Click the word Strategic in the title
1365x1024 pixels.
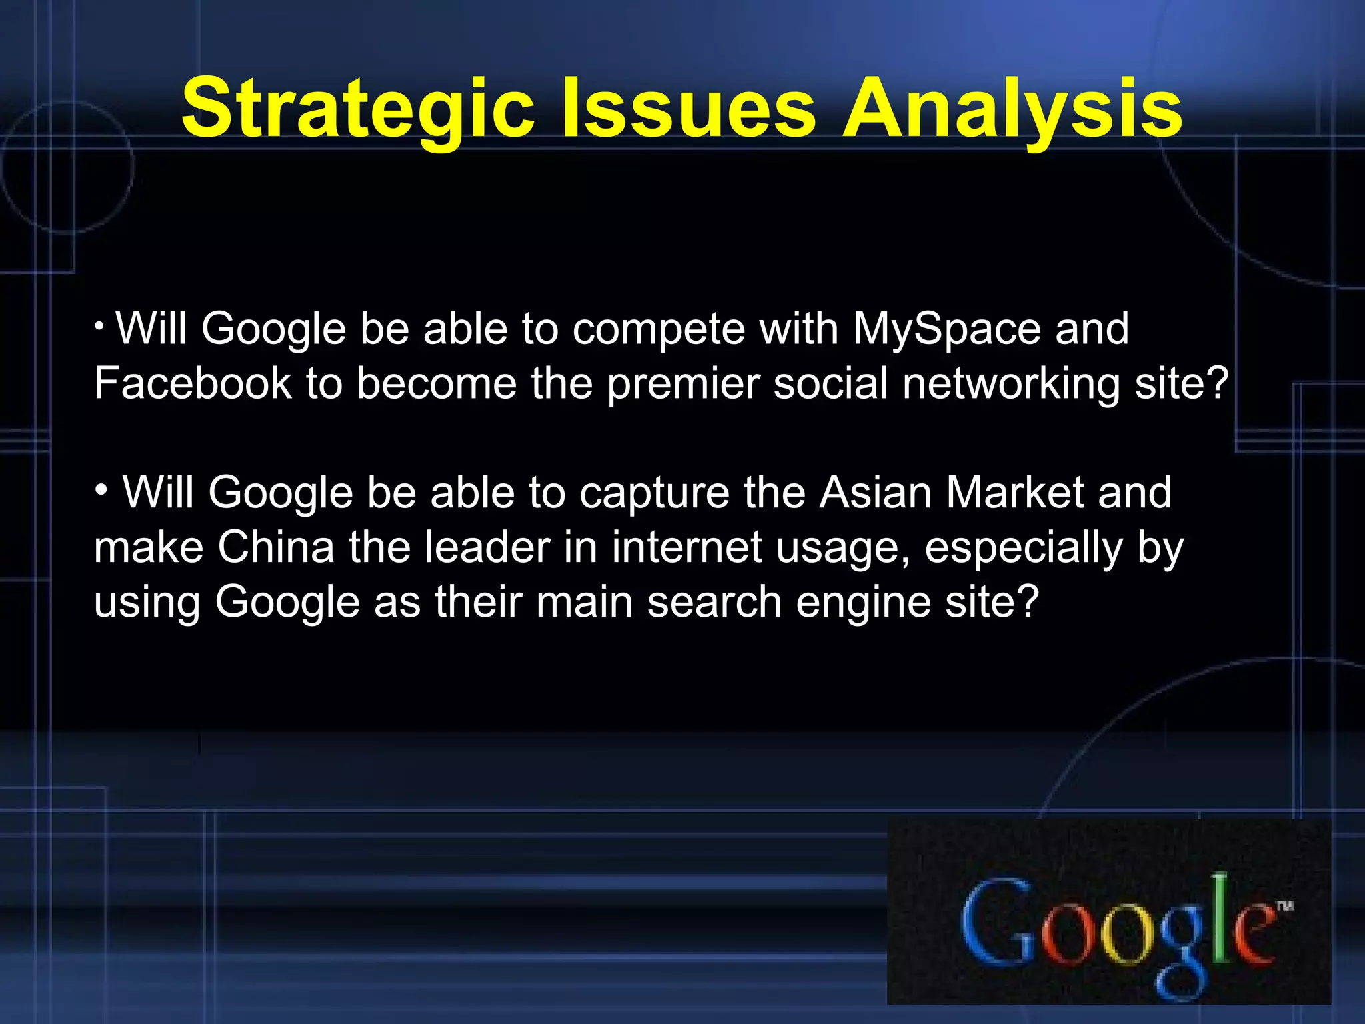357,109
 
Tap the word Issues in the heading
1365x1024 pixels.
688,109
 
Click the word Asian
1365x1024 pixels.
875,493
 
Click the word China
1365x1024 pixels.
276,548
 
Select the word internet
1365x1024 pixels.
686,548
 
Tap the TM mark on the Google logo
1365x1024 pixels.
1285,905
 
